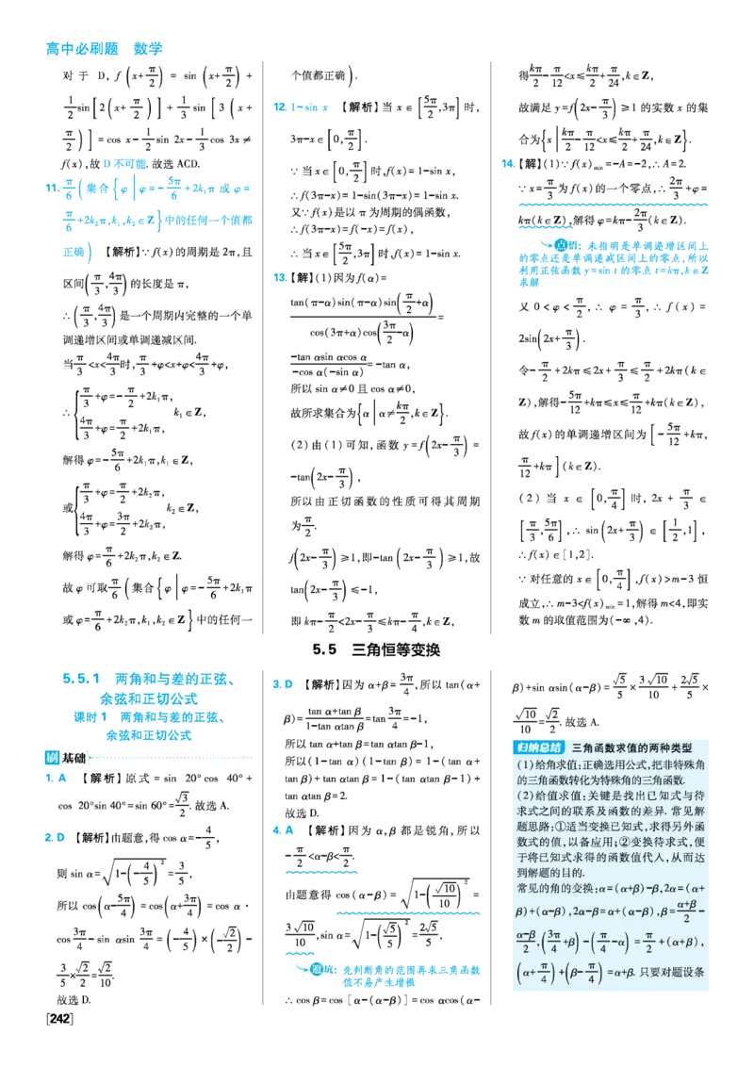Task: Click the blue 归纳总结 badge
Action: click(537, 747)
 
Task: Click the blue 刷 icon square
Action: click(51, 758)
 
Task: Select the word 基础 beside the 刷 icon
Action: click(74, 758)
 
